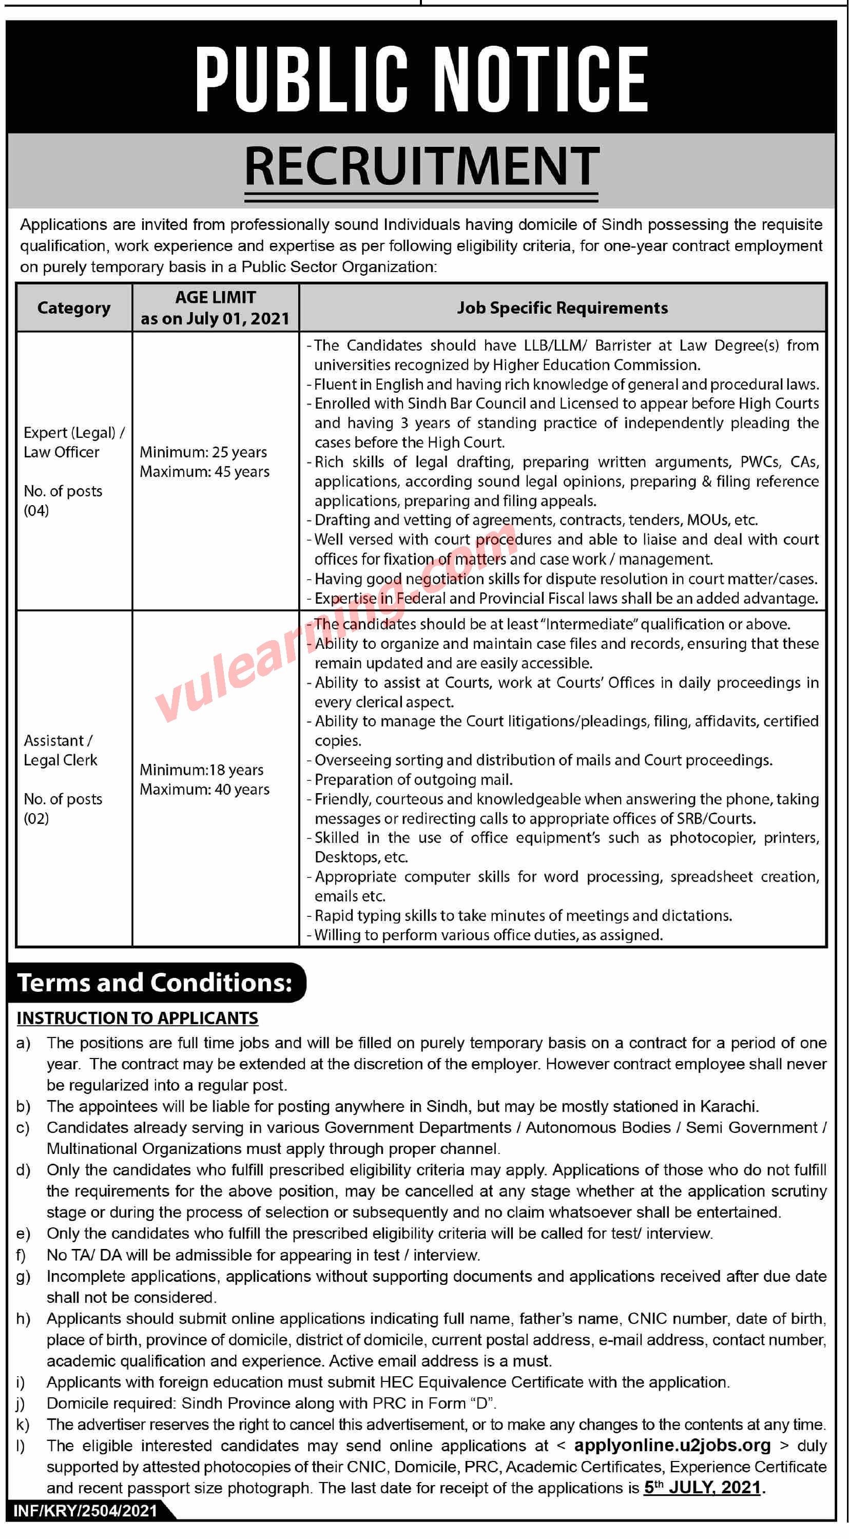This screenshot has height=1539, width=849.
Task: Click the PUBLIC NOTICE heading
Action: tap(421, 80)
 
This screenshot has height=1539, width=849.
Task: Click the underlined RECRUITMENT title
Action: tap(421, 168)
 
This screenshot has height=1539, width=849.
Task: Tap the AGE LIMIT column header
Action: tap(215, 307)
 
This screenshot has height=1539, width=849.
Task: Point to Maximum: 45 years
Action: tap(204, 472)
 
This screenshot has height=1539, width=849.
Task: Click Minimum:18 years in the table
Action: tap(201, 770)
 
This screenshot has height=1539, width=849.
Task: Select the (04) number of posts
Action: tap(36, 511)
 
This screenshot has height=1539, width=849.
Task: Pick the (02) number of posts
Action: tap(36, 818)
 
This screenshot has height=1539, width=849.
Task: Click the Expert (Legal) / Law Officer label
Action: tap(73, 442)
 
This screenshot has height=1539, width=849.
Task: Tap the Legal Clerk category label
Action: tap(61, 761)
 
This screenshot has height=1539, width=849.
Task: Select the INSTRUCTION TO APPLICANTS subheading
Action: tap(138, 1018)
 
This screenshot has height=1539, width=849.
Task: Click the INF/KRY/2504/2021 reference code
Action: tap(85, 1511)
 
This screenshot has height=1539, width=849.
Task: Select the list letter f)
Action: tap(22, 1255)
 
